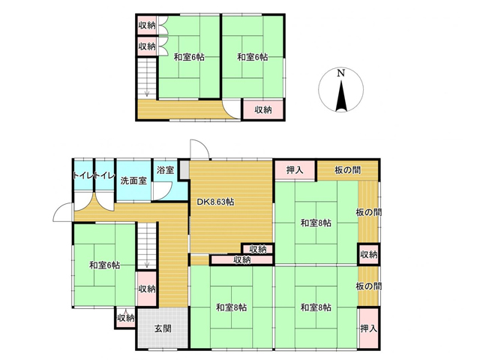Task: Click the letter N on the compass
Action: point(340,73)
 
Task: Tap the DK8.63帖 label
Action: point(215,202)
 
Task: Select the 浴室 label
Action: point(165,170)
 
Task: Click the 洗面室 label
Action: point(133,181)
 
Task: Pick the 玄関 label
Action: point(163,328)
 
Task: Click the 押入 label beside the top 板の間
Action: point(295,170)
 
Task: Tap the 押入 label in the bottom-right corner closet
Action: point(368,328)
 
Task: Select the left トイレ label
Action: point(83,175)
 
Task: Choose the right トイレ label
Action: point(105,175)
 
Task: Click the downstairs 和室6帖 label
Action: point(104,265)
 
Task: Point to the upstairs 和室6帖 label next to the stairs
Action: point(189,57)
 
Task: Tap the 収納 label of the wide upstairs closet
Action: point(263,109)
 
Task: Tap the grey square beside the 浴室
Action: point(184,170)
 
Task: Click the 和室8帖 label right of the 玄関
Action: point(232,307)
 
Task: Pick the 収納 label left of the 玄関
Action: point(126,318)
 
